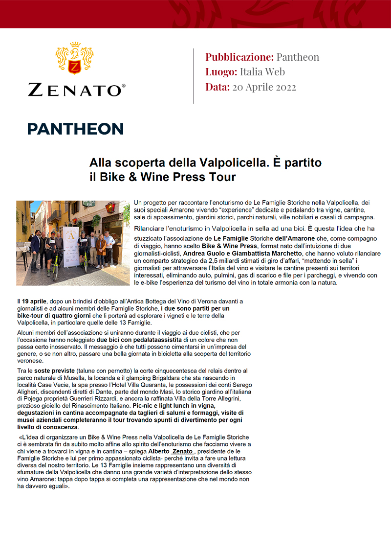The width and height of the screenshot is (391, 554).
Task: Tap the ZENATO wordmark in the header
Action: pyautogui.click(x=76, y=90)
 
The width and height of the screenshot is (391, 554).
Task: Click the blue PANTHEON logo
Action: pyautogui.click(x=75, y=129)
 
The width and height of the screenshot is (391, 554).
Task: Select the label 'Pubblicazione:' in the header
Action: pyautogui.click(x=239, y=57)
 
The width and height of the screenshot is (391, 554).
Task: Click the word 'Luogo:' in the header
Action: pyautogui.click(x=221, y=72)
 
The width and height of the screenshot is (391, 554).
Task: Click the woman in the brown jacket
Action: pyautogui.click(x=101, y=251)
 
